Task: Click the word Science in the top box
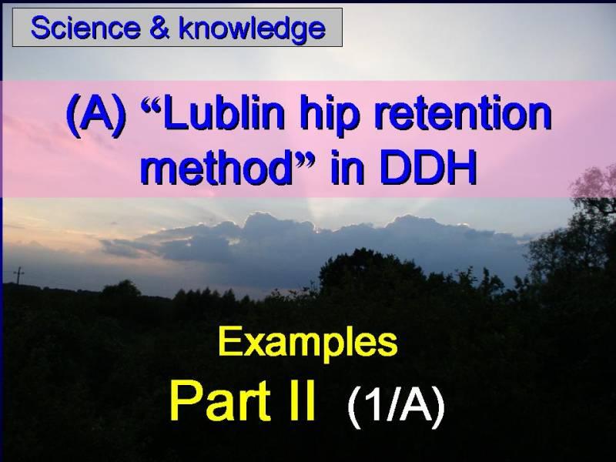pos(85,28)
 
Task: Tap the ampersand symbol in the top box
pos(159,28)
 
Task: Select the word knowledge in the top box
pos(252,28)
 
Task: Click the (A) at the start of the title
pos(97,116)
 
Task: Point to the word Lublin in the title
pos(223,114)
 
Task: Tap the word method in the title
pos(216,168)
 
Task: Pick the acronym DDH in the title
pos(428,168)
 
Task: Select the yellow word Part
pos(220,400)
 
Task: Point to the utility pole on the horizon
pos(18,275)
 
